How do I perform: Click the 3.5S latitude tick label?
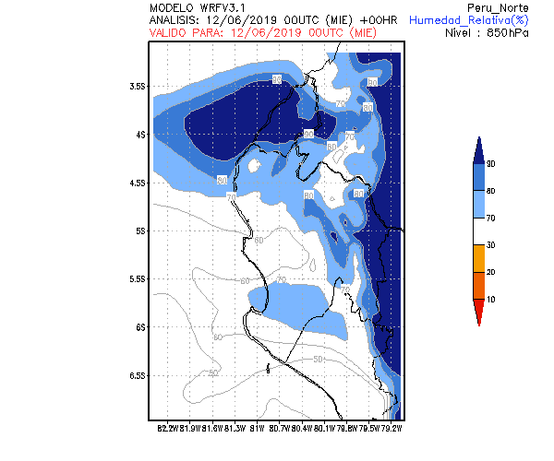tap(140, 86)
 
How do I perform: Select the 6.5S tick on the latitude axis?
tap(140, 375)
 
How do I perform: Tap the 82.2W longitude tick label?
tap(167, 427)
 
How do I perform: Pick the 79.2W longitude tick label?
tap(392, 427)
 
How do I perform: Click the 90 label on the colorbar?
tap(491, 163)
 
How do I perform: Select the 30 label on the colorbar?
tap(491, 244)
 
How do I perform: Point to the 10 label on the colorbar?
tap(491, 300)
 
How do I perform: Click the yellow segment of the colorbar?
tap(478, 258)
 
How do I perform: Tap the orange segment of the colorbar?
tap(478, 286)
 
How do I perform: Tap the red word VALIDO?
tap(170, 31)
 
